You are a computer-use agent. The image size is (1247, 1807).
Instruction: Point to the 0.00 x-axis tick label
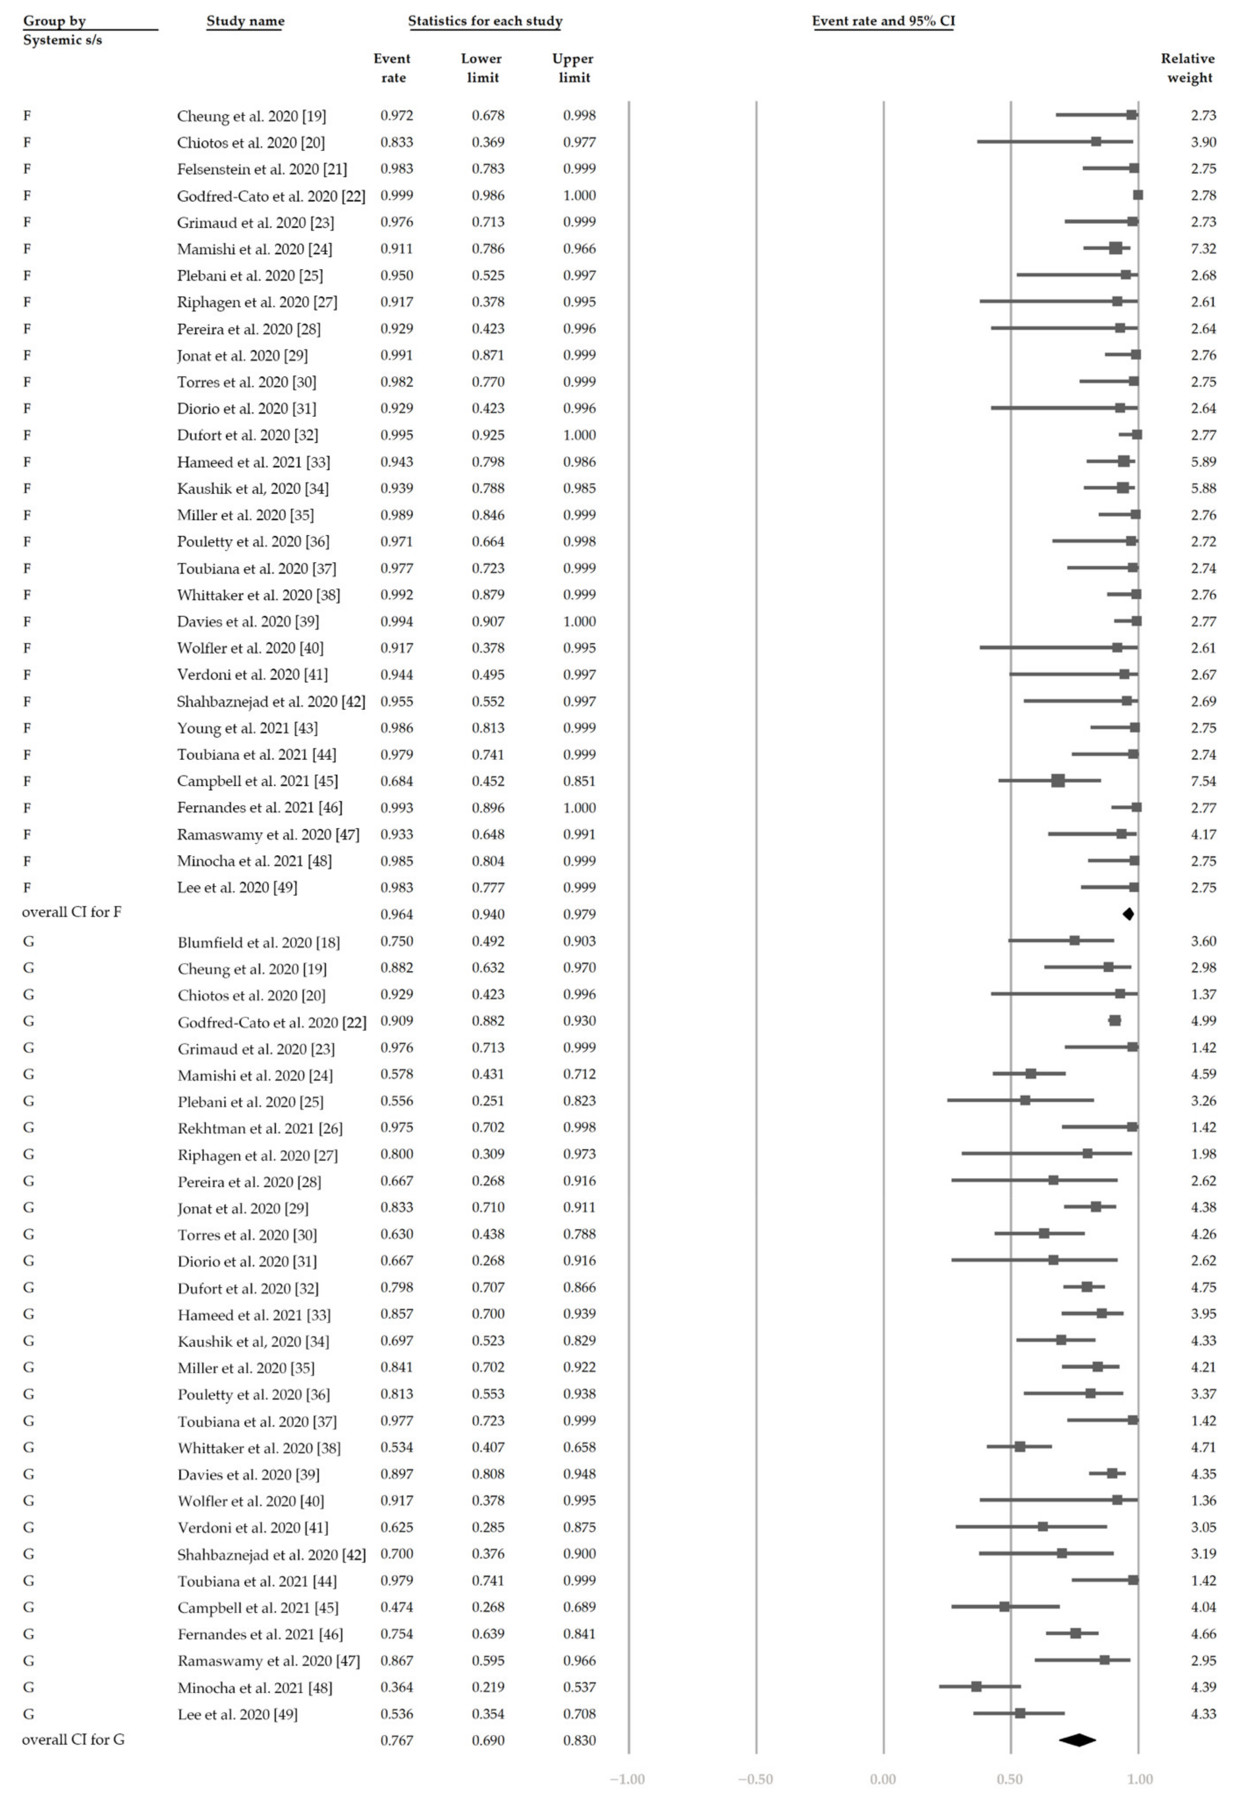[883, 1779]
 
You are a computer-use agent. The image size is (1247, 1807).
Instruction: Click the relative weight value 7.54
[1203, 780]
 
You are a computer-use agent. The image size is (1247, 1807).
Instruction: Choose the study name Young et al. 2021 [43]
[247, 728]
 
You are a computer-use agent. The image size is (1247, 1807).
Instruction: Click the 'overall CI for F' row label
[72, 912]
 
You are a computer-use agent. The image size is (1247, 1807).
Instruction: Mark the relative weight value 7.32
[1203, 248]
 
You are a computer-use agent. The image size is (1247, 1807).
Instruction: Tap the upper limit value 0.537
[579, 1687]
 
